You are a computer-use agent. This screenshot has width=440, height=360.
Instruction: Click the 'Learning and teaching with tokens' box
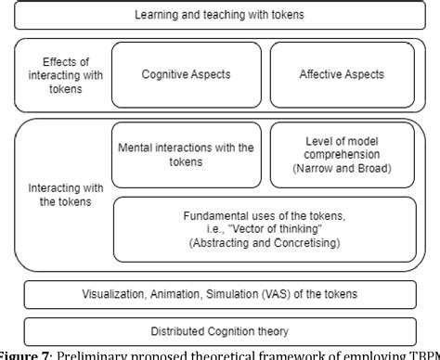coord(219,15)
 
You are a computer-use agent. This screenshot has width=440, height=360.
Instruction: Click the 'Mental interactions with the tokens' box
coord(186,154)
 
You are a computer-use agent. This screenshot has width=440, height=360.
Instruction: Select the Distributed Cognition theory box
coord(219,331)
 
